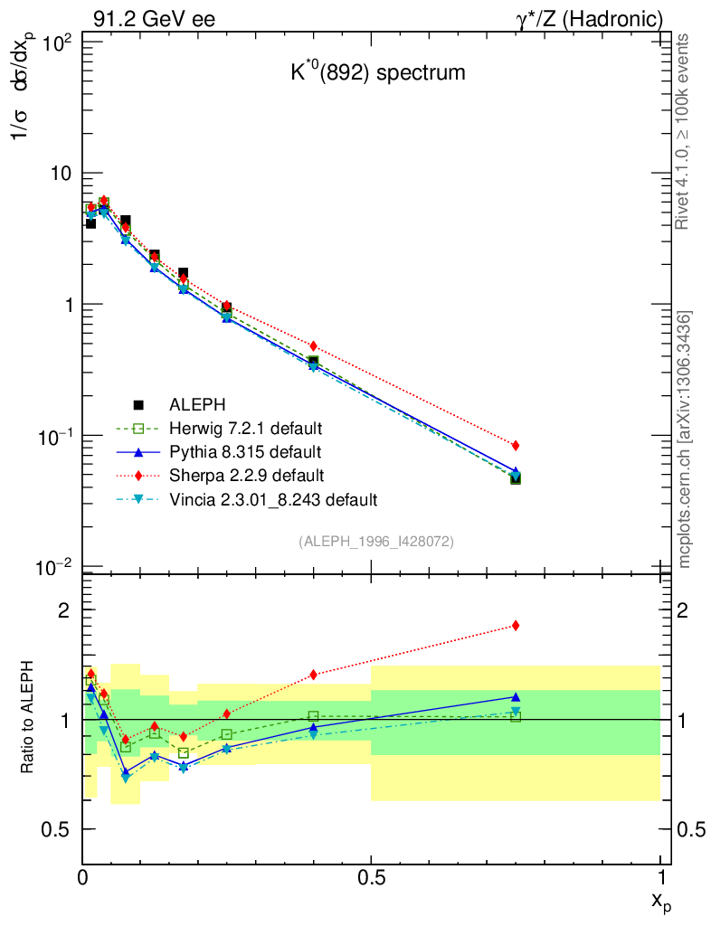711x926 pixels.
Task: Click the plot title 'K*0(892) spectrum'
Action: [x=377, y=72]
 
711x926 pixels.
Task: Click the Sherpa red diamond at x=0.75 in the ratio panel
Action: [x=516, y=625]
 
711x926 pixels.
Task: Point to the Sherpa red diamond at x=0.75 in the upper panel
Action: [x=516, y=445]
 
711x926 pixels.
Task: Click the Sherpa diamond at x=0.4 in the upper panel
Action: [x=314, y=346]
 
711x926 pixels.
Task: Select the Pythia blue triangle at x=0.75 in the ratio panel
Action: [x=516, y=697]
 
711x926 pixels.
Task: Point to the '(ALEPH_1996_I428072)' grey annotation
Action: [x=375, y=541]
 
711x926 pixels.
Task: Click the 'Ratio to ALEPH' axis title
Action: [x=28, y=719]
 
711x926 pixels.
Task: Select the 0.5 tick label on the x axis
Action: [x=371, y=876]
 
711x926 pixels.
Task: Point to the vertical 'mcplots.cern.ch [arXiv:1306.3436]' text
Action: [x=686, y=439]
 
